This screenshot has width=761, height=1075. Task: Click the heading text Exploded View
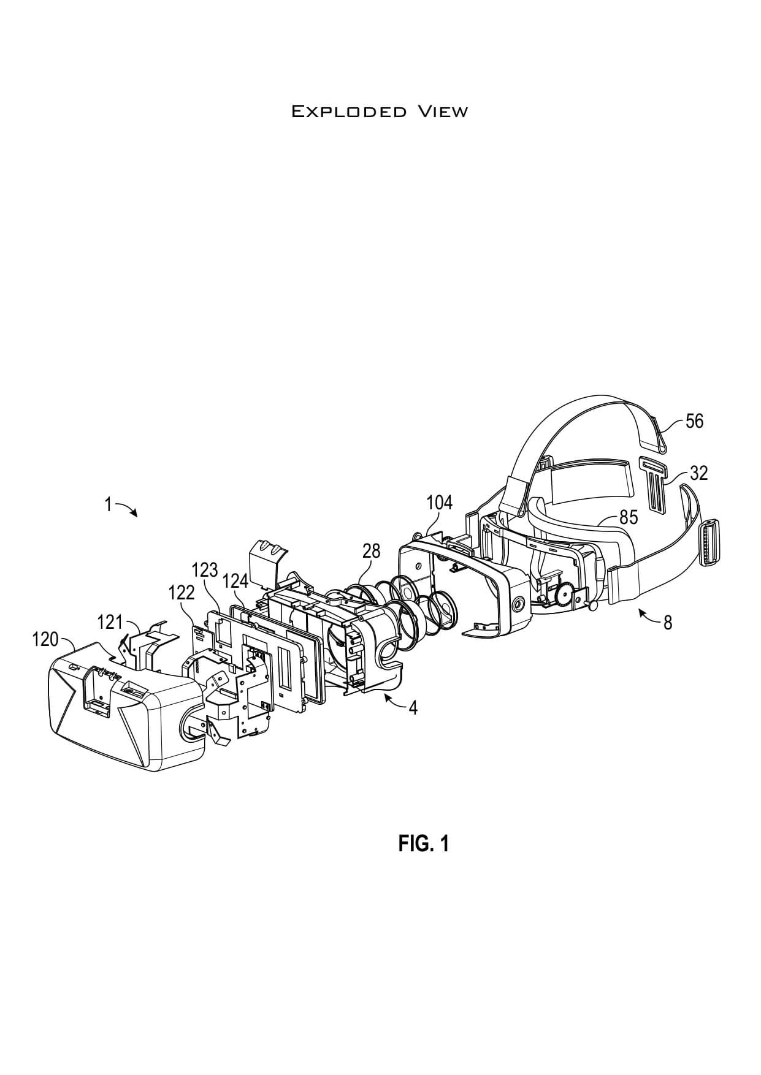pos(380,112)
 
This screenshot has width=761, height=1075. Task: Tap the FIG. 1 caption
pos(423,844)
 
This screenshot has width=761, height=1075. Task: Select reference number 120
pos(45,640)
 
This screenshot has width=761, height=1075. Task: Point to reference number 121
pos(110,623)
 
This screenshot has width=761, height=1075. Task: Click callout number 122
pos(181,593)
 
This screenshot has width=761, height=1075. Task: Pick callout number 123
pos(205,570)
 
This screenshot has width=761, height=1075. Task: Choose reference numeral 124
pos(235,580)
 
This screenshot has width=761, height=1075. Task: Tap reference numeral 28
pos(371,551)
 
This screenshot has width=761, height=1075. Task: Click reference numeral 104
pos(440,503)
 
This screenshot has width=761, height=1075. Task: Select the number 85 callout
pos(628,517)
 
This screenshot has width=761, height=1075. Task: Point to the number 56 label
pos(694,421)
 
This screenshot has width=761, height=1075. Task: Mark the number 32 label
pos(698,473)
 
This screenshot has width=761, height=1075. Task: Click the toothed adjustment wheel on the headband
pos(563,595)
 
